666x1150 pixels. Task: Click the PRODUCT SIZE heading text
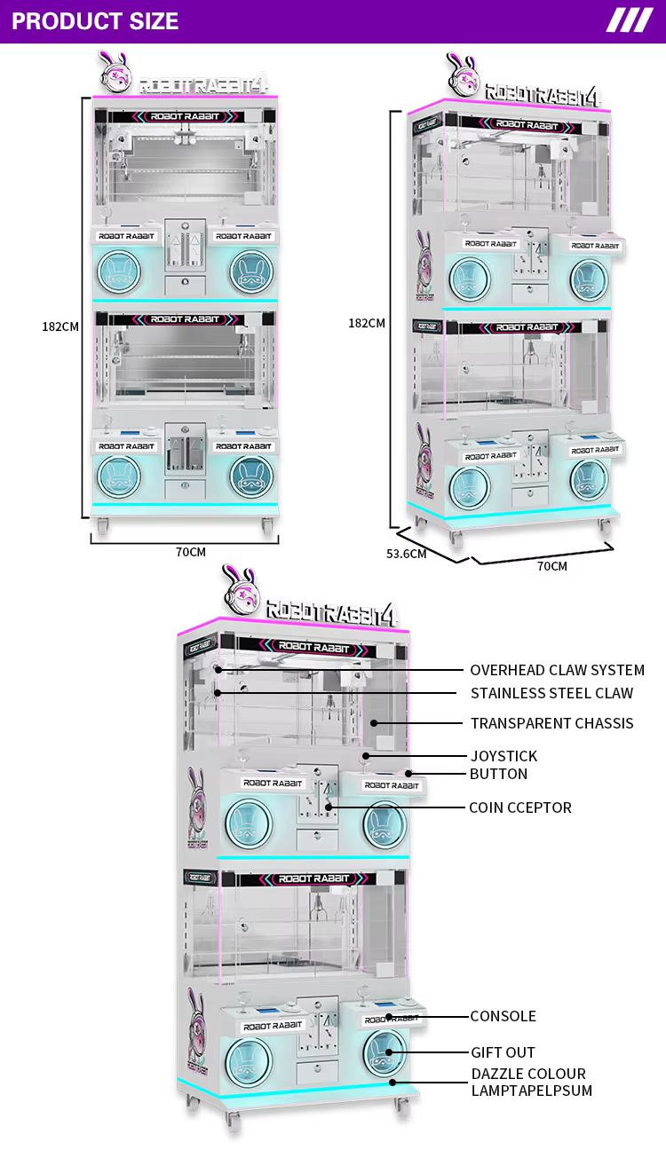95,21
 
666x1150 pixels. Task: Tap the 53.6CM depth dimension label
406,555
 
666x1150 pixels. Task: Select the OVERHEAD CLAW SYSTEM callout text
557,670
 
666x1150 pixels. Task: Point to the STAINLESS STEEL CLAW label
551,693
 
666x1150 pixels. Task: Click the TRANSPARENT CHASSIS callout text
551,723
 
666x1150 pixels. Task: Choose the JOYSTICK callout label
503,756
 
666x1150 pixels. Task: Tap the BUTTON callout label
498,774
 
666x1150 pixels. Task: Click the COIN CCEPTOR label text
519,807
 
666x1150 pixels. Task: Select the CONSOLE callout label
503,1016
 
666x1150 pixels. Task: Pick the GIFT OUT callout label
503,1052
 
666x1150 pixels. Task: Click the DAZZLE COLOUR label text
528,1074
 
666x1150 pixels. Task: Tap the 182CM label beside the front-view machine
60,326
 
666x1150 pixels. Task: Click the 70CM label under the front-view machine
190,552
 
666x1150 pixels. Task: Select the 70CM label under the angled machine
551,566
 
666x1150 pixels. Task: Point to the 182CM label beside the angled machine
366,323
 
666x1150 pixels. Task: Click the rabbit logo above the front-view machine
115,72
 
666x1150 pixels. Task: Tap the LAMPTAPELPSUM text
531,1091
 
